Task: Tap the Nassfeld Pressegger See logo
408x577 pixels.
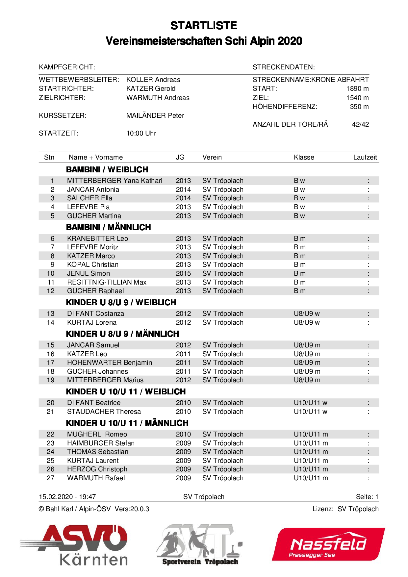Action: pos(328,544)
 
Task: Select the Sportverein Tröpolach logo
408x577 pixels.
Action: pos(199,545)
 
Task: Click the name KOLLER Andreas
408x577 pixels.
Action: pos(153,80)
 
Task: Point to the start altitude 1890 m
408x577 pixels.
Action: pos(357,88)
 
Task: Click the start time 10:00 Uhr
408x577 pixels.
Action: pos(141,133)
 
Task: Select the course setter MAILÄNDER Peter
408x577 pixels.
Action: pos(155,115)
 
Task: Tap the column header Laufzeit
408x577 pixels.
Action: pos(365,157)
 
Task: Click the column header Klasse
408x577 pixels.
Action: pos(304,157)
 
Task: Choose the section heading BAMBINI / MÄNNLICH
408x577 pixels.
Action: pos(108,227)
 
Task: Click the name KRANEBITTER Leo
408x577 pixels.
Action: pos(97,238)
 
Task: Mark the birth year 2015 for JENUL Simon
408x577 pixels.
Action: pos(183,273)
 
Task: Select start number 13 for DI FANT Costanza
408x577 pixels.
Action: pos(51,314)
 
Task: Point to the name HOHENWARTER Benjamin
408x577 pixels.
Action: pos(109,363)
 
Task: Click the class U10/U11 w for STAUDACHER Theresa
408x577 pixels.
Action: pos(310,412)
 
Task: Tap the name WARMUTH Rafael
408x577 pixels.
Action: pos(96,478)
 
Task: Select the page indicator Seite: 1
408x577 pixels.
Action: pos(367,497)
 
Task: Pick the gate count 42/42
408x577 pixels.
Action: pos(360,124)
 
